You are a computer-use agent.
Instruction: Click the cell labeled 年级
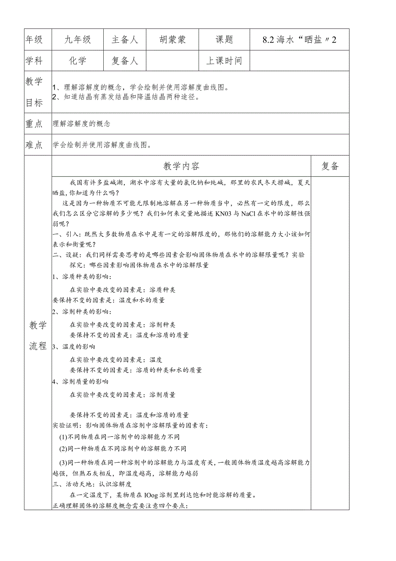point(34,40)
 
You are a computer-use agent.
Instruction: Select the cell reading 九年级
point(77,40)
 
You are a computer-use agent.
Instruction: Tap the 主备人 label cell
point(125,40)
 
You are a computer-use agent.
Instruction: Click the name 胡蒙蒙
point(172,40)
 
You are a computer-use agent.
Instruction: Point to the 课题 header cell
point(224,40)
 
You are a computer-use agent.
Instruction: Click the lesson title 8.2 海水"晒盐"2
point(299,40)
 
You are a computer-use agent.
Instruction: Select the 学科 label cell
point(34,60)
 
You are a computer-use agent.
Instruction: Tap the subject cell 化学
point(77,60)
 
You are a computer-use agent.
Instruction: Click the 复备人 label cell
point(125,60)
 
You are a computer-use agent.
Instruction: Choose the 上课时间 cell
point(224,60)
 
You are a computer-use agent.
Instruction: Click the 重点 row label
point(34,124)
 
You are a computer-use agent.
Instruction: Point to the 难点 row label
point(34,145)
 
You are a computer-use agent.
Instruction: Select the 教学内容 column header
point(181,166)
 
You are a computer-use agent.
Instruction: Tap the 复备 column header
point(330,166)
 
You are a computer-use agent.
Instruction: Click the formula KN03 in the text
point(235,214)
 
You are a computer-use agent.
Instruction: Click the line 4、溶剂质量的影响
point(80,382)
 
